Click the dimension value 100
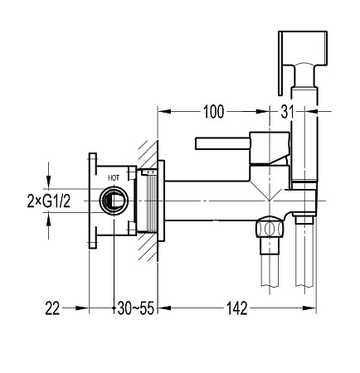[213, 112]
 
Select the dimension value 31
[287, 112]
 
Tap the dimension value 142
[237, 308]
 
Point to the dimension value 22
[52, 308]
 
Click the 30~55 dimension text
[136, 308]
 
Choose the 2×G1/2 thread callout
[49, 201]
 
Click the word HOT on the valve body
[114, 177]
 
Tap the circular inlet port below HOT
[114, 201]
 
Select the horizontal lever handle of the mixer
[222, 143]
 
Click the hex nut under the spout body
[270, 229]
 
